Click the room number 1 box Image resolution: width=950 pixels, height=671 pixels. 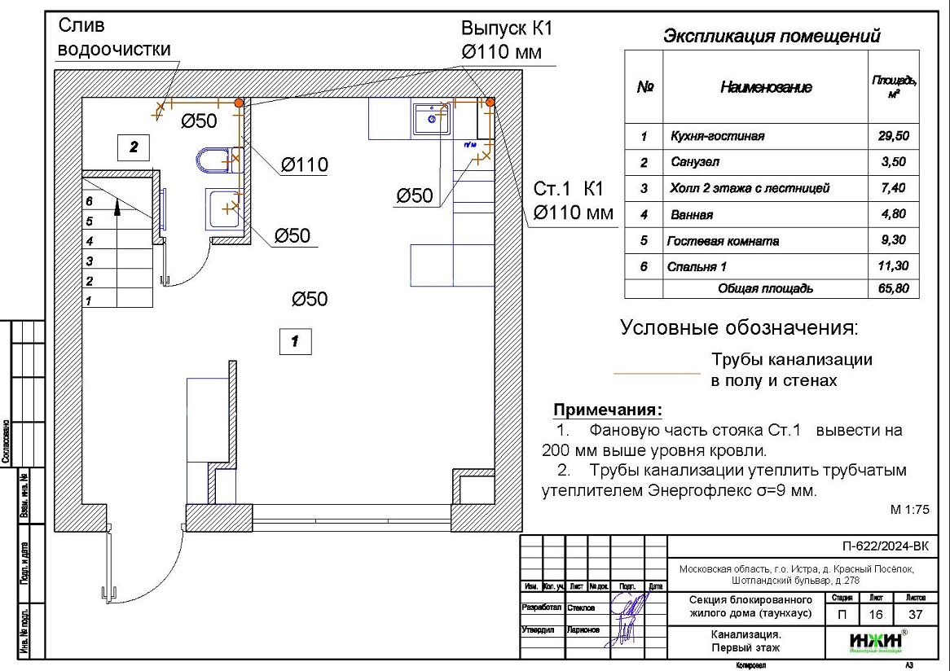(296, 341)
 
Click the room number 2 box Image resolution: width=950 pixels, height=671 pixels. (134, 147)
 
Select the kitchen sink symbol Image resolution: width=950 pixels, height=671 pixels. (429, 119)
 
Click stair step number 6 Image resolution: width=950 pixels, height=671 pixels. (90, 200)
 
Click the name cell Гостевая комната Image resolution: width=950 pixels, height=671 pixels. (723, 241)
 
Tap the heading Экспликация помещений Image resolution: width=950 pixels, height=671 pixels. (771, 37)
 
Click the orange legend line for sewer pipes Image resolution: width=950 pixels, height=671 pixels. (656, 373)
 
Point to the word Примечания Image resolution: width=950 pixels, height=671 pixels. (608, 409)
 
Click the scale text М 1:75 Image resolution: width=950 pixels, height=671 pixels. (909, 510)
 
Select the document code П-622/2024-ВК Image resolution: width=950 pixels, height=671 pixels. (884, 546)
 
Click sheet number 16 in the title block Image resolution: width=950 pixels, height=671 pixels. (876, 615)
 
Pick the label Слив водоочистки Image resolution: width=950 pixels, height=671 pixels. (112, 37)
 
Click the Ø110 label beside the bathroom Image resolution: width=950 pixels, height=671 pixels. (304, 165)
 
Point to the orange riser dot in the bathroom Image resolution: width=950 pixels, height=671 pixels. (239, 103)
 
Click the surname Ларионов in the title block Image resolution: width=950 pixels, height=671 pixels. (583, 629)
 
